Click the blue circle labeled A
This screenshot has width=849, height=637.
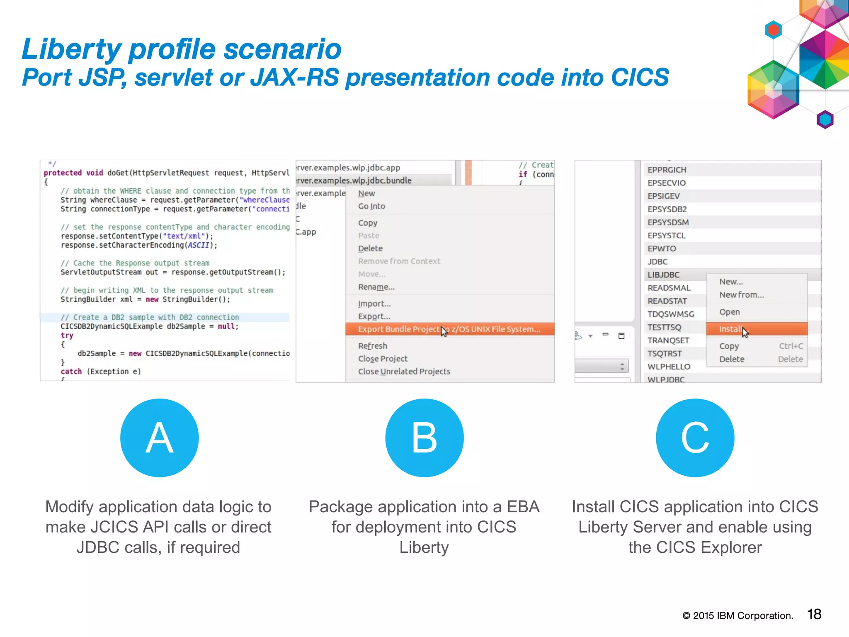tap(160, 438)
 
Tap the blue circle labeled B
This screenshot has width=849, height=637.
tap(424, 438)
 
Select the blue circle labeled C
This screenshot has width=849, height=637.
tap(695, 438)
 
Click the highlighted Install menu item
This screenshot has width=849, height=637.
tap(730, 329)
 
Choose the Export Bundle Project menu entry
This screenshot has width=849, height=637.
tap(449, 329)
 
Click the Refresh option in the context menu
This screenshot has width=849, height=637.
tap(373, 346)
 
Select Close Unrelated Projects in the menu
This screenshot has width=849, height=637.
tap(404, 372)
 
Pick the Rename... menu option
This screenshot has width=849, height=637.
tap(376, 287)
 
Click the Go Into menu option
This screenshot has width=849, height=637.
tap(372, 206)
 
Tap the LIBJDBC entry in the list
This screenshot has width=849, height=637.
tap(664, 275)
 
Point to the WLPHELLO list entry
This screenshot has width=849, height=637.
tap(669, 367)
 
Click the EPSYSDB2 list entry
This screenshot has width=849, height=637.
tap(667, 209)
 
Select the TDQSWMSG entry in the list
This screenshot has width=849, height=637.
tap(671, 314)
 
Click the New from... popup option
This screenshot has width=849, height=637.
tap(742, 295)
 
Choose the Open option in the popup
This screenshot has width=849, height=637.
tap(730, 312)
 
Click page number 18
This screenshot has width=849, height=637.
tap(814, 614)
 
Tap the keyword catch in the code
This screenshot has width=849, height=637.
tap(71, 372)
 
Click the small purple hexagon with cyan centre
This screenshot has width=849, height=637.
tap(825, 119)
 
